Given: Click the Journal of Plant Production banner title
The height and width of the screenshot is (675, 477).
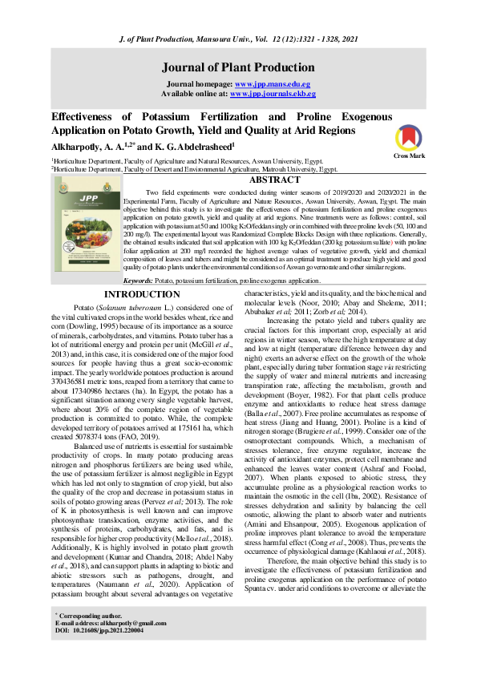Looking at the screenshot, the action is [238, 67].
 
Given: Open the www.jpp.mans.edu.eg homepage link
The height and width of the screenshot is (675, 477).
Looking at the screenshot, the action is [272, 83].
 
